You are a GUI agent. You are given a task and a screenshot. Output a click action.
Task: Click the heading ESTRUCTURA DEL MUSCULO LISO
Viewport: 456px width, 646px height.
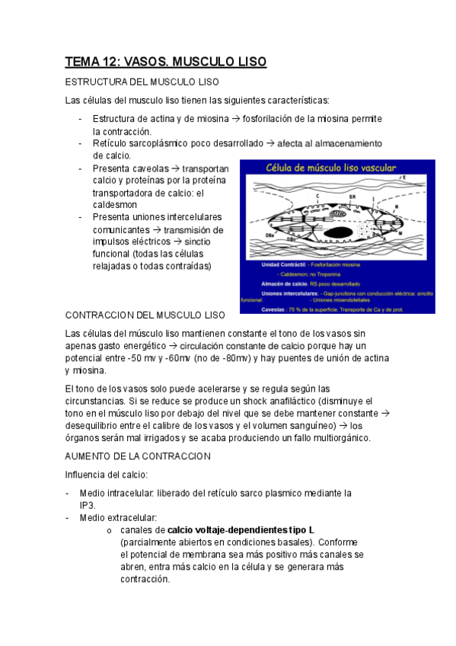coord(142,82)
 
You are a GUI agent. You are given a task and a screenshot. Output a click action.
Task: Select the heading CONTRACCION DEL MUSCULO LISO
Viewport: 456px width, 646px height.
coord(145,315)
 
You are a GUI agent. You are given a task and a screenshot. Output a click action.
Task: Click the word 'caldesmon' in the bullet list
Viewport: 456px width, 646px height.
coord(116,206)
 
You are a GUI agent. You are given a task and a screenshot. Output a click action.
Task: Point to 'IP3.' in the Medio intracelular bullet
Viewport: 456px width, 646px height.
coord(90,505)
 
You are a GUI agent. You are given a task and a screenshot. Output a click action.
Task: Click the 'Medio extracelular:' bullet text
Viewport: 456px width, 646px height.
coord(118,518)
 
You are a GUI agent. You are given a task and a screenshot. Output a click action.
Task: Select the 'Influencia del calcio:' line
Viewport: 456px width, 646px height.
coord(111,476)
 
